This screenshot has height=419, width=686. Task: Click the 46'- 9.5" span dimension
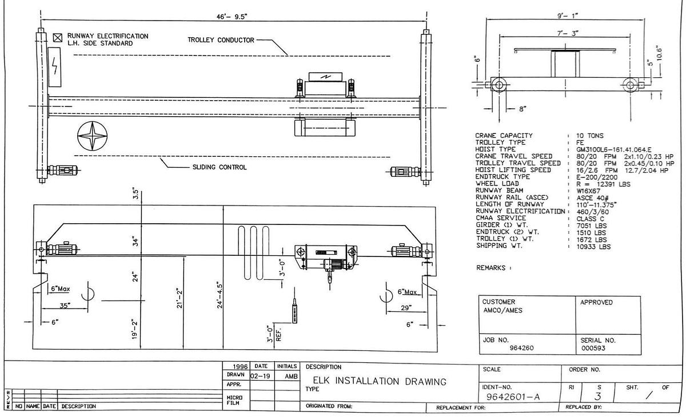[230, 17]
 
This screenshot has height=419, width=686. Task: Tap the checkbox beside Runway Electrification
[57, 38]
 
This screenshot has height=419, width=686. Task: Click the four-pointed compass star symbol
[92, 137]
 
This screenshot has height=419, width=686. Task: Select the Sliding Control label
[219, 167]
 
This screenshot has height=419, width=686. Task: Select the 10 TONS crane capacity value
[591, 136]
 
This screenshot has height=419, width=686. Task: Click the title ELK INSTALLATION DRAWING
[376, 381]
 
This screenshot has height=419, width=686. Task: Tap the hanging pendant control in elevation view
[294, 313]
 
